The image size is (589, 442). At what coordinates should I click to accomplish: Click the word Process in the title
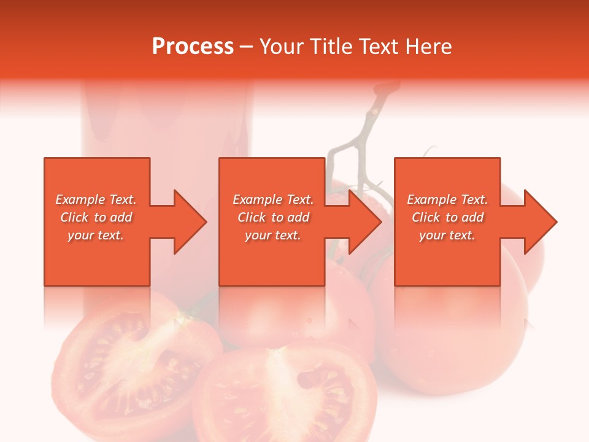point(193,47)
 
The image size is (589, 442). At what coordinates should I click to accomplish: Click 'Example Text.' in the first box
point(96,200)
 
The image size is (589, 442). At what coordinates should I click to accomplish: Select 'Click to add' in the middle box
point(273,217)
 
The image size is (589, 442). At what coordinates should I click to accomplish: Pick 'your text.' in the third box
point(447,235)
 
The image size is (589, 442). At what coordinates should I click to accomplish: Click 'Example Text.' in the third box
point(447,200)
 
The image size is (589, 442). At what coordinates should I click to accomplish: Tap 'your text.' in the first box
point(96,235)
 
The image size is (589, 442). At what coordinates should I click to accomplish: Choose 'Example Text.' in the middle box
point(273,200)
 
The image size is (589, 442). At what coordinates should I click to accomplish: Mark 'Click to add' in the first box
point(96,217)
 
